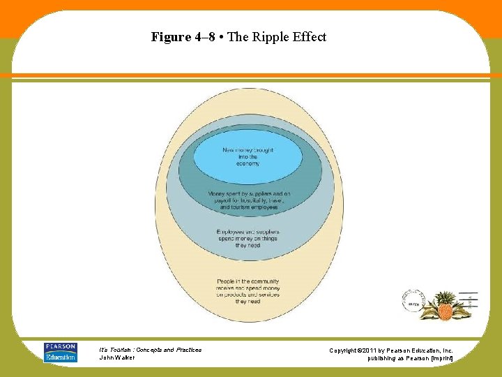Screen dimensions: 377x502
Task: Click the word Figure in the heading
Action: (x=170, y=37)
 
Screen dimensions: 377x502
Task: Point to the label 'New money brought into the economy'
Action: (x=248, y=156)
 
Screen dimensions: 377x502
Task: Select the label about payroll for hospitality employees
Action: (x=249, y=200)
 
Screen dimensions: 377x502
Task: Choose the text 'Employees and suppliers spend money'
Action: (x=248, y=238)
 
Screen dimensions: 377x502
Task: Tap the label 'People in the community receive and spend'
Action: (x=248, y=291)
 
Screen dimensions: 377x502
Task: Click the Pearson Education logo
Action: (x=61, y=353)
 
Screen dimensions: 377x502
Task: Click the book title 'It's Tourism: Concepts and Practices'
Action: (x=151, y=350)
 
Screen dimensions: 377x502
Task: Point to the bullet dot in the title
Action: (x=221, y=37)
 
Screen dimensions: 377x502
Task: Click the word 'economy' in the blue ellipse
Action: (x=248, y=163)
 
